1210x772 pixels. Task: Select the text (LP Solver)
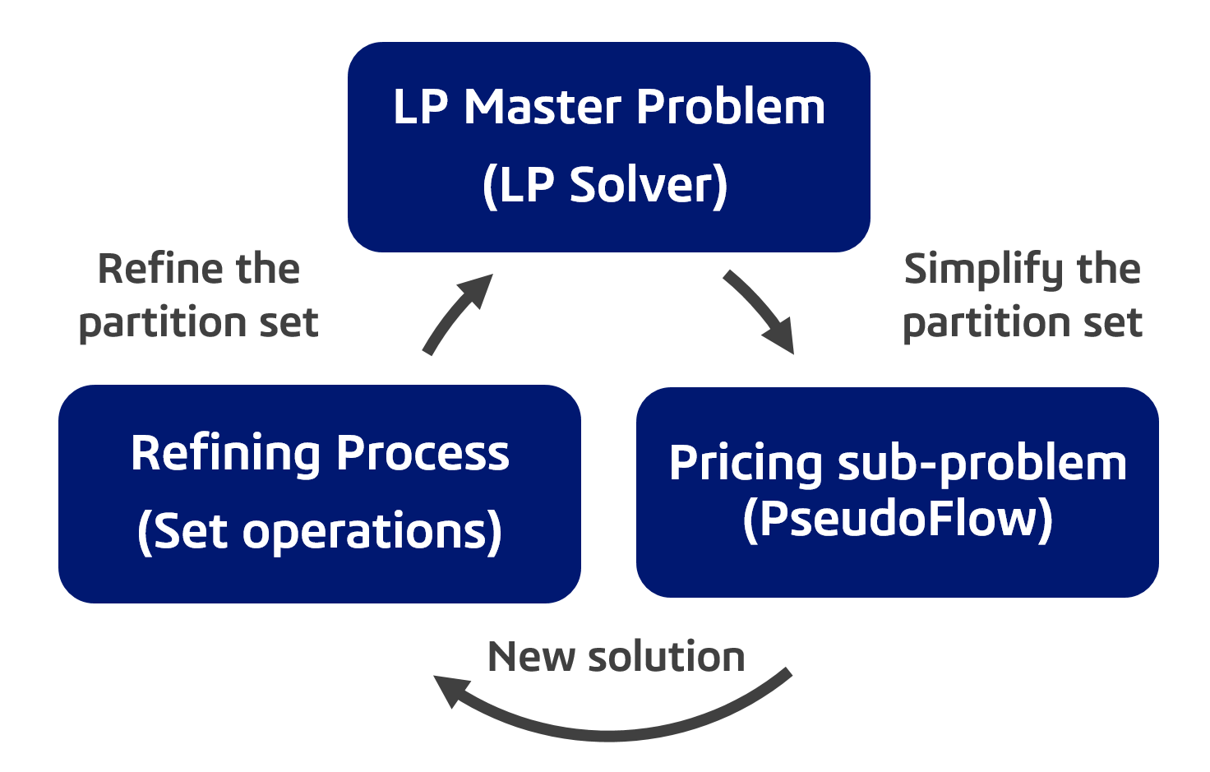605,185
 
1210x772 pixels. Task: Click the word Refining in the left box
225,454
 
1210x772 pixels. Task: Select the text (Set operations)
320,531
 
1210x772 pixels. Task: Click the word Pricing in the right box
746,463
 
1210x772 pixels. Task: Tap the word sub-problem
981,463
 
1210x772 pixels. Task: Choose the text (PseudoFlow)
897,519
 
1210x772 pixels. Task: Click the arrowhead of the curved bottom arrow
451,689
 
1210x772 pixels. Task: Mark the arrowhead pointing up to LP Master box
478,289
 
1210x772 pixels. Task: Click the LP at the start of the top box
420,108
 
